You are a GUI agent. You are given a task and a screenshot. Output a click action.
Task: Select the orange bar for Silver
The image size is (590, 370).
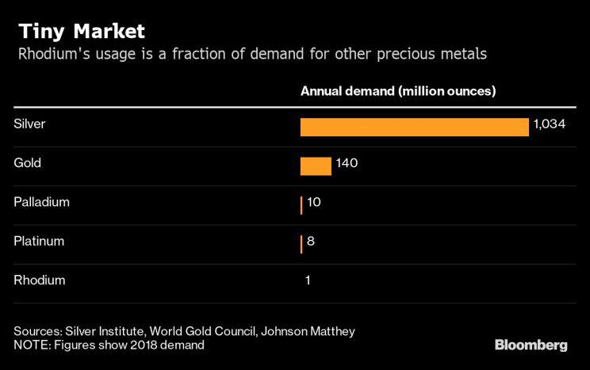point(414,127)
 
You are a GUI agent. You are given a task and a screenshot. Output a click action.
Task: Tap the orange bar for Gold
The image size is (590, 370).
point(316,166)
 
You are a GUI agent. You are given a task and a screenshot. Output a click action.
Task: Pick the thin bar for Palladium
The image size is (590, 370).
point(301,205)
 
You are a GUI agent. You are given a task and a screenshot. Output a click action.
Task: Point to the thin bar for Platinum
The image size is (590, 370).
point(301,243)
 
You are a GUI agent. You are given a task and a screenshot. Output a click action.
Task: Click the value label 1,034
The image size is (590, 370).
point(549,124)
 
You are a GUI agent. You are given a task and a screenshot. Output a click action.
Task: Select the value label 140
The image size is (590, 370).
point(347,163)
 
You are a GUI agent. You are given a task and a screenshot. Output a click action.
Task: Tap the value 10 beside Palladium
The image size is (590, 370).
point(313,202)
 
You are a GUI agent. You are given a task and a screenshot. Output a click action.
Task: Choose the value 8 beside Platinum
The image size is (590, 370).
point(311,241)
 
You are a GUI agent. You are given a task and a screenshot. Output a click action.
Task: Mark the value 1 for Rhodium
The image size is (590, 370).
point(308,280)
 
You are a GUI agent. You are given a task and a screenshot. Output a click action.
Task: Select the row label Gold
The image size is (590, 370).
point(28,163)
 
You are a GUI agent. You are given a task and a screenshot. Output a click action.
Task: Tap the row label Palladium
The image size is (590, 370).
point(42,202)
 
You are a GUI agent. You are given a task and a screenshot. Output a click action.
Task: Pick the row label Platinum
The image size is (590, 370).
point(39,241)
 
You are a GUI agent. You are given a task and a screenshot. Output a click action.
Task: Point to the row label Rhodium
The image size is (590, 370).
point(40,280)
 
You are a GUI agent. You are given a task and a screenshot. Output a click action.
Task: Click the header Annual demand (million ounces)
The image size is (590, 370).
point(398,91)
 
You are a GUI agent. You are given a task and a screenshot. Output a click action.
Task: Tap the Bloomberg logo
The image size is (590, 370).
point(531,345)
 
